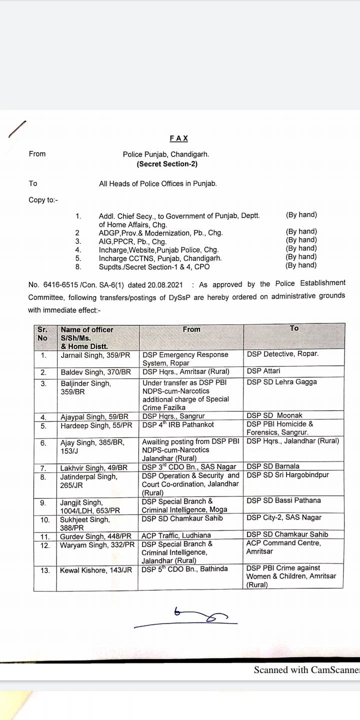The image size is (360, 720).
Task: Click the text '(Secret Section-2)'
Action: click(x=167, y=163)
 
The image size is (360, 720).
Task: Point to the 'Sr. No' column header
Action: click(x=42, y=333)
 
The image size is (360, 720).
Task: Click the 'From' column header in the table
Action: click(x=191, y=329)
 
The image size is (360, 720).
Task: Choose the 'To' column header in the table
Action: click(x=294, y=328)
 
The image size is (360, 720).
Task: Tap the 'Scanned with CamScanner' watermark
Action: click(x=306, y=670)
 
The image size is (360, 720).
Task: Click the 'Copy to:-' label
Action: click(x=43, y=200)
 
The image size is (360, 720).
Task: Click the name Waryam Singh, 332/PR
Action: click(x=97, y=544)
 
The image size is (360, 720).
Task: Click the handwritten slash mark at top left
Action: click(x=17, y=129)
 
